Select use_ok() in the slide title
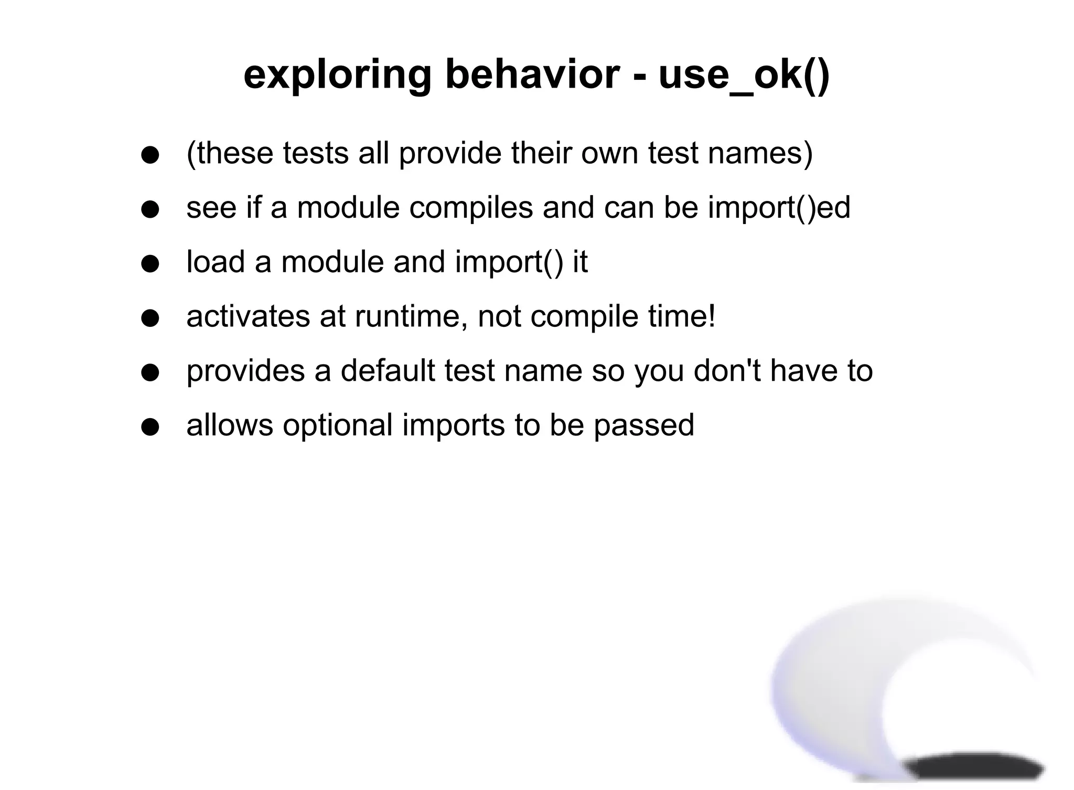click(744, 75)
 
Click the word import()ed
click(779, 208)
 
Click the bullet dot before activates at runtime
click(151, 318)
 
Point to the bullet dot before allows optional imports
click(151, 427)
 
